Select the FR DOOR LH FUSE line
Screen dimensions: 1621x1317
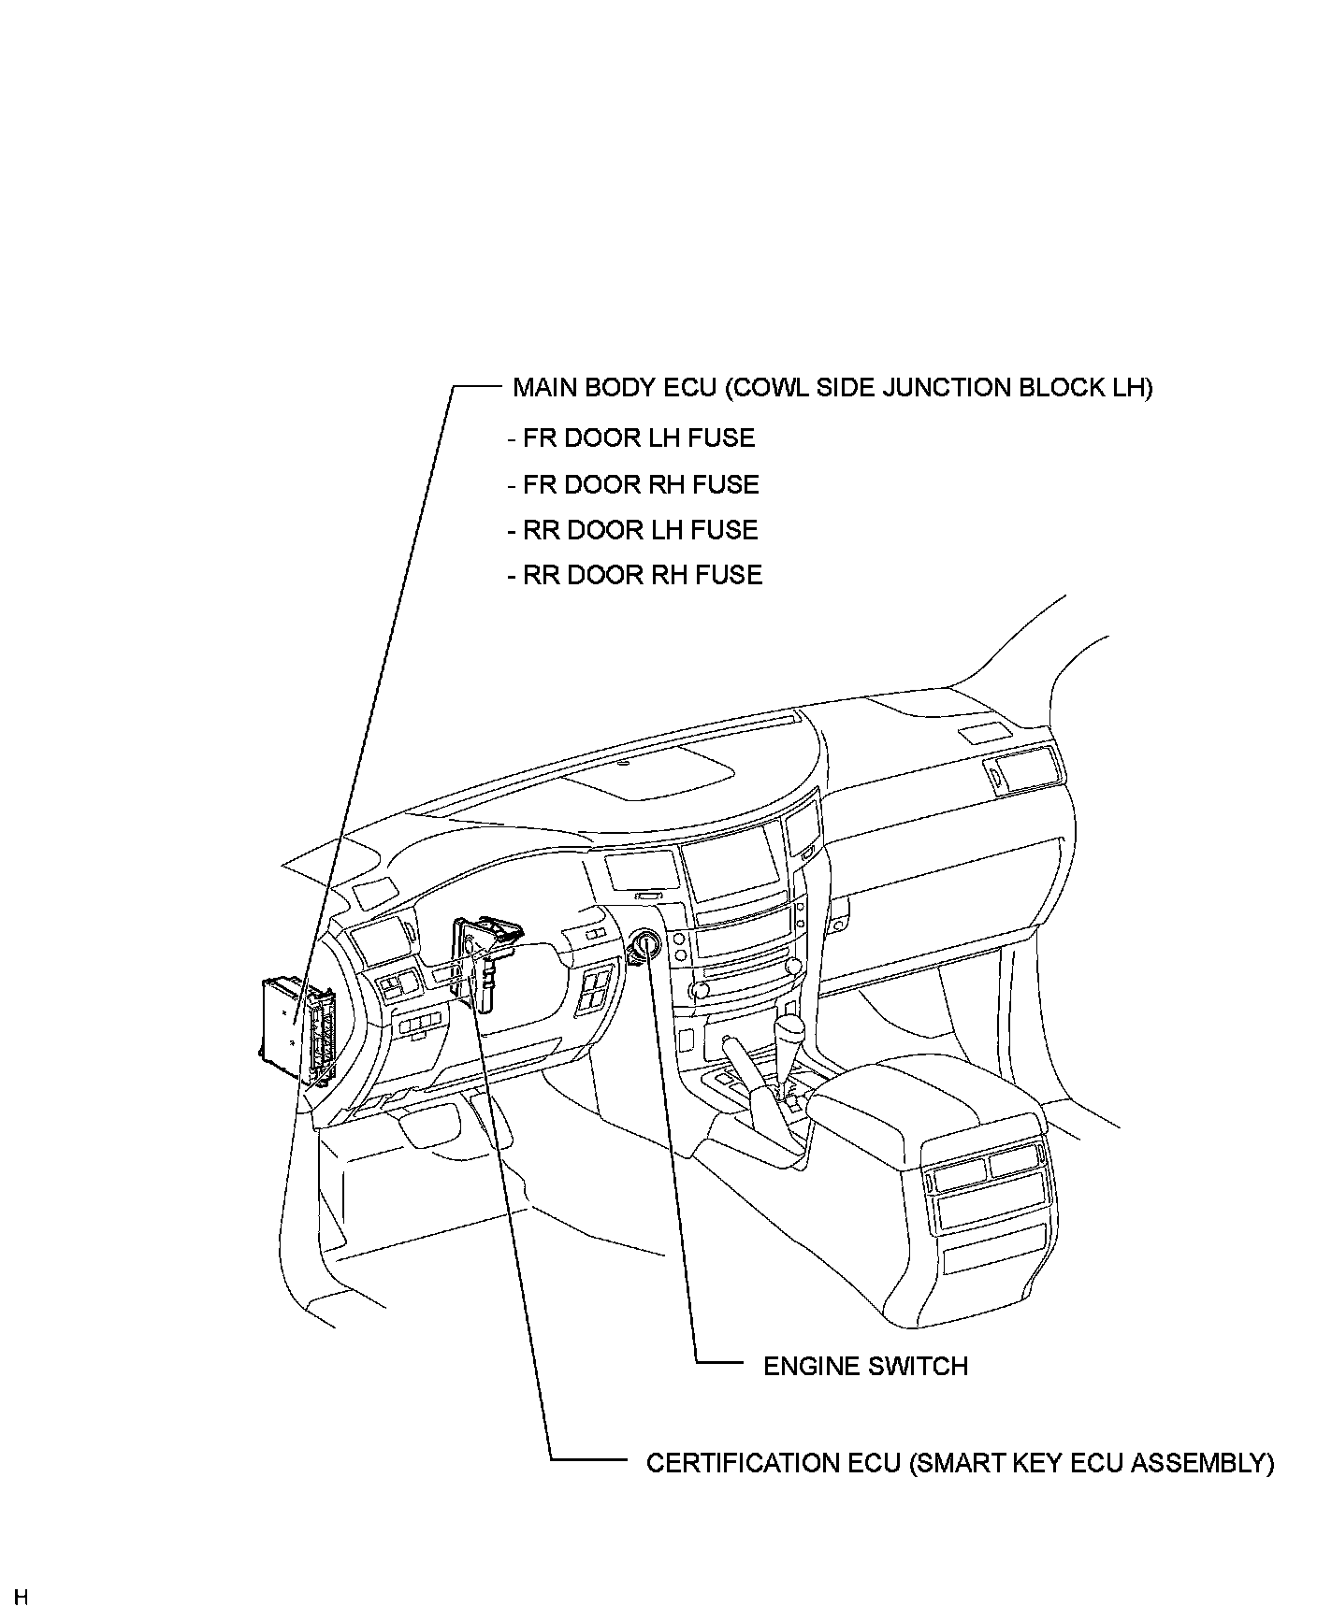(x=631, y=438)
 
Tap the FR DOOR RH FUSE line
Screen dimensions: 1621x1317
(x=633, y=484)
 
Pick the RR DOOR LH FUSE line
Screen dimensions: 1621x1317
(x=632, y=530)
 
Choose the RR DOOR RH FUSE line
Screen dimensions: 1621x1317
(x=634, y=574)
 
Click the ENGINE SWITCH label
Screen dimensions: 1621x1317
(x=865, y=1366)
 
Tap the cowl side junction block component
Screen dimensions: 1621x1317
(x=297, y=1028)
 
